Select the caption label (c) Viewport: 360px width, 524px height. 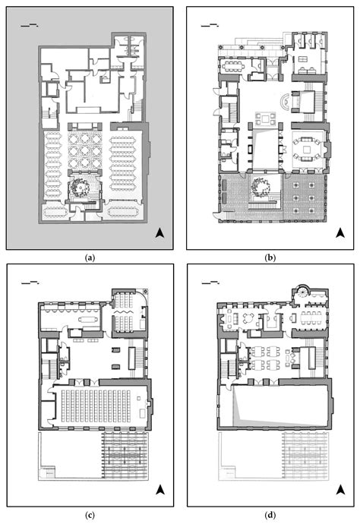(x=90, y=516)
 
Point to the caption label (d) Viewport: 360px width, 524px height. (x=270, y=516)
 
